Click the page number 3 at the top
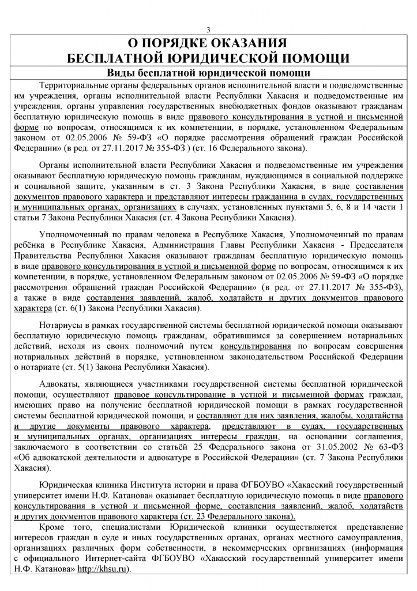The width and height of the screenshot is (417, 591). [x=208, y=30]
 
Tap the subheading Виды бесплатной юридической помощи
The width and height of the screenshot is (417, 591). [x=208, y=73]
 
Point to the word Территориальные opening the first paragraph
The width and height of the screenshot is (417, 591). [x=71, y=84]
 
